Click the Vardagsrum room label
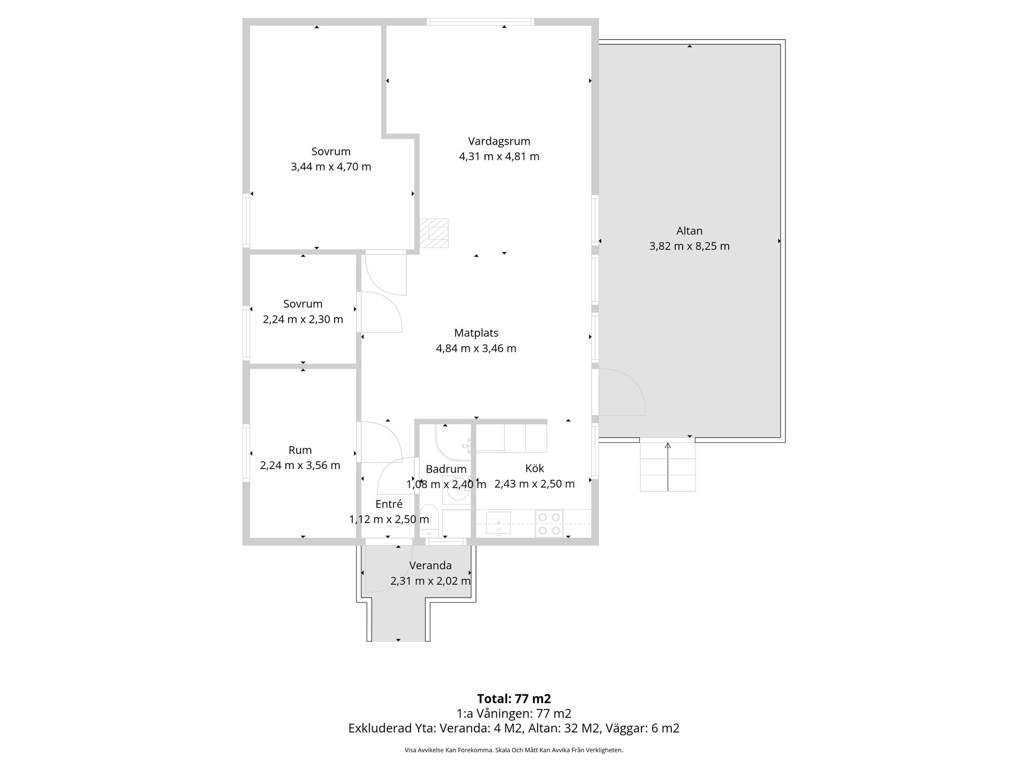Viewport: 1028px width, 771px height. click(499, 141)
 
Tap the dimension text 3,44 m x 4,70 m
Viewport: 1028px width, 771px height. click(331, 167)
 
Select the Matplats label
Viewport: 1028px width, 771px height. click(476, 333)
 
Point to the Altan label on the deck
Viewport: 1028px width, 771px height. click(689, 231)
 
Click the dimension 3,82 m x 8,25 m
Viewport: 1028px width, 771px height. click(689, 246)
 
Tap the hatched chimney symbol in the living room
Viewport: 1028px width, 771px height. click(434, 233)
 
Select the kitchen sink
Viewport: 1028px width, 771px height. click(498, 524)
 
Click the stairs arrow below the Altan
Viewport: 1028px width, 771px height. click(668, 466)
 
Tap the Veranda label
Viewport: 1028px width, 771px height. click(430, 565)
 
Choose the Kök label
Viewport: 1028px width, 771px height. click(534, 468)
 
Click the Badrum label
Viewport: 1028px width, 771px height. click(446, 469)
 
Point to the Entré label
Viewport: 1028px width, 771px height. click(389, 504)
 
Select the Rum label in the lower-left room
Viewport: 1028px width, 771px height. click(300, 450)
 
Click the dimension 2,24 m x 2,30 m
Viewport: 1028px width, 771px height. click(303, 320)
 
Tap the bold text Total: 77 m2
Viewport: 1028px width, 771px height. click(514, 699)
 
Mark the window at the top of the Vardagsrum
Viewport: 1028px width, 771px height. click(480, 22)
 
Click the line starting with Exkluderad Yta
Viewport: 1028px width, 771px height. click(514, 728)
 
